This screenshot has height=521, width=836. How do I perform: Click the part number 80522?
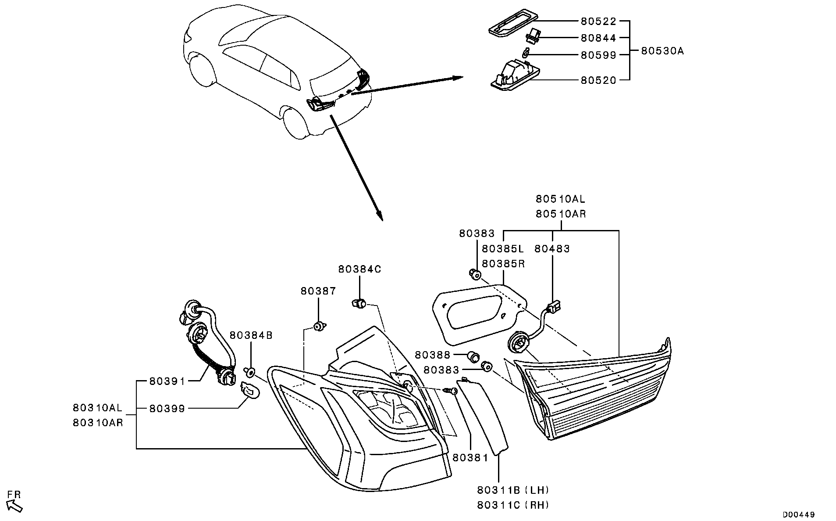point(598,21)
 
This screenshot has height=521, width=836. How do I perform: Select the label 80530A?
point(662,51)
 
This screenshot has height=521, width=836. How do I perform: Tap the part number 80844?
point(598,38)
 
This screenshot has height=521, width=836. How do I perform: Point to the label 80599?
point(598,55)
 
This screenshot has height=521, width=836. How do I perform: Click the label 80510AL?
point(560,199)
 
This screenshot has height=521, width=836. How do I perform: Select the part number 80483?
point(552,249)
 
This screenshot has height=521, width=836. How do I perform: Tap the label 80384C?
point(359,269)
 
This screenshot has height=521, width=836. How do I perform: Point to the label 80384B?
point(251,335)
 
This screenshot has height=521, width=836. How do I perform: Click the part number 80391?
point(167,381)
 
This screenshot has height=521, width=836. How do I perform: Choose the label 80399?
point(167,409)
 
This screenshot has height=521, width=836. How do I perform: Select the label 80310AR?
point(98,423)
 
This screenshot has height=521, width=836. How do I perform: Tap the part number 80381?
point(470,458)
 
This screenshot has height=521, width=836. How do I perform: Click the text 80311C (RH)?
point(513,505)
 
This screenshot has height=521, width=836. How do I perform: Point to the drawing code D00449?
point(799,514)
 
